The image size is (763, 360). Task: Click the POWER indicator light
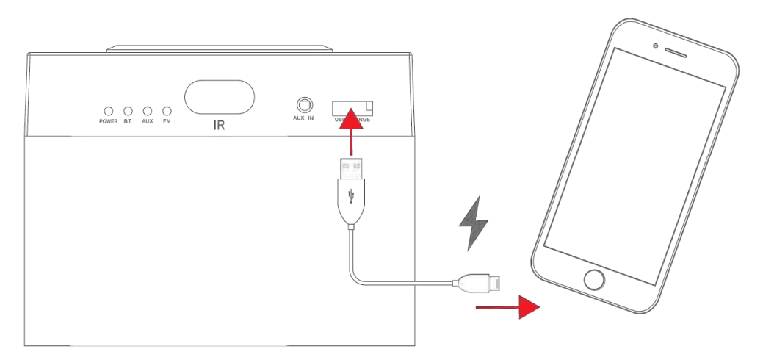click(x=108, y=110)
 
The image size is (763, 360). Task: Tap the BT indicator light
click(x=127, y=110)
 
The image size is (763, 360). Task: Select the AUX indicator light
click(x=147, y=110)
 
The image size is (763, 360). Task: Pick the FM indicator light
click(x=167, y=110)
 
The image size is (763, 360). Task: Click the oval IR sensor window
click(x=219, y=97)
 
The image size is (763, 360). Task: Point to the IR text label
click(x=219, y=126)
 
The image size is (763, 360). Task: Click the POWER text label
click(x=108, y=121)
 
